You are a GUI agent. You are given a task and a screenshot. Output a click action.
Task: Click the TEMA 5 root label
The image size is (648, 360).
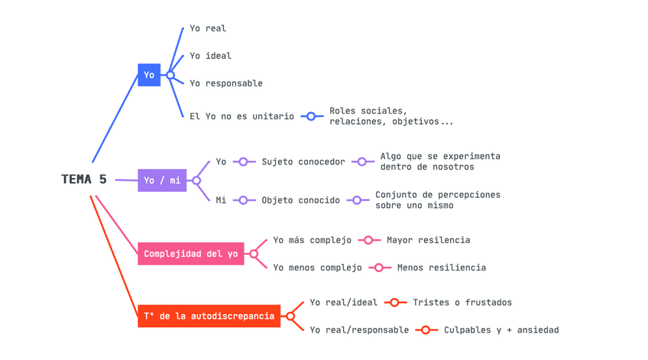[x=84, y=180]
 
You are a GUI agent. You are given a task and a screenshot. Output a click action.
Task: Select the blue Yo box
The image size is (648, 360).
[x=149, y=75]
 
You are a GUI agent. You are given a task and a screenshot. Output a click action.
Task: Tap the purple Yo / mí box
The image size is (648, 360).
[x=162, y=180]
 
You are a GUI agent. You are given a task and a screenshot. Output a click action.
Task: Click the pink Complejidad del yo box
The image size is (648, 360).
[x=191, y=254]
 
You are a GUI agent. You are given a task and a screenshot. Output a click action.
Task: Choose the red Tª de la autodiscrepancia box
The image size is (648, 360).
[x=209, y=316]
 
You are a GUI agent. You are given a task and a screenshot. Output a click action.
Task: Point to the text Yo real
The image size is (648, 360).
[x=208, y=28]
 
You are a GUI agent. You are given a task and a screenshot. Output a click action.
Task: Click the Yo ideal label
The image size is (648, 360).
[x=210, y=56]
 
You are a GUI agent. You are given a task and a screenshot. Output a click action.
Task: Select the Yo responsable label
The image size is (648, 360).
[x=226, y=83]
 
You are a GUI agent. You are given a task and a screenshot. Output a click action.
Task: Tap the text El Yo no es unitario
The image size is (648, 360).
[x=241, y=116]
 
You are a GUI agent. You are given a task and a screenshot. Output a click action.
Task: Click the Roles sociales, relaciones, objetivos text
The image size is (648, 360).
[x=390, y=116]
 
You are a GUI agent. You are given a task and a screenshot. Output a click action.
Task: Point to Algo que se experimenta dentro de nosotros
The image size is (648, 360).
[x=439, y=161]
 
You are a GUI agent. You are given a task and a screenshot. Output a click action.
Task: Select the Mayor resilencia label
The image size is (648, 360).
[x=428, y=240]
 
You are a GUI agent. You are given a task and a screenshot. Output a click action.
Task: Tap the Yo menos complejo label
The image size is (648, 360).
[x=317, y=268]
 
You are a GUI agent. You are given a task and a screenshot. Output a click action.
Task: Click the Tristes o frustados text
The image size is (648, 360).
[x=462, y=303]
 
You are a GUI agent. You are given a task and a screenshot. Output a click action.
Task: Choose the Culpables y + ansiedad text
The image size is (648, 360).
[x=501, y=330]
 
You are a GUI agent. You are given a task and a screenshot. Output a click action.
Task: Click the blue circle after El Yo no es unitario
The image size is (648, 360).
[x=311, y=116]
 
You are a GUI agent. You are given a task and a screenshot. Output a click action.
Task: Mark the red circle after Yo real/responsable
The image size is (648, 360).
[x=426, y=330]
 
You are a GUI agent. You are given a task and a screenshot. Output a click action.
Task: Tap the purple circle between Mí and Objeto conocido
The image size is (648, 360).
[x=243, y=200]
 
